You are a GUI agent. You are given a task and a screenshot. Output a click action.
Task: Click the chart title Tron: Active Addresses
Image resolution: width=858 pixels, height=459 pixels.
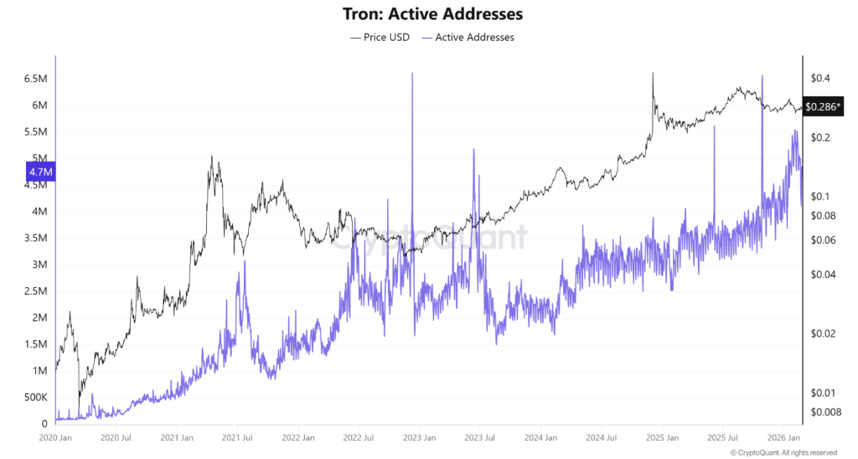tap(428, 14)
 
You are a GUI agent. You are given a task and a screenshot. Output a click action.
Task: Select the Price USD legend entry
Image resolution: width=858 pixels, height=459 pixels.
tap(380, 37)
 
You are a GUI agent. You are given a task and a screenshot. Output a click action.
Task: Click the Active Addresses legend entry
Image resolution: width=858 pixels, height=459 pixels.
tap(468, 37)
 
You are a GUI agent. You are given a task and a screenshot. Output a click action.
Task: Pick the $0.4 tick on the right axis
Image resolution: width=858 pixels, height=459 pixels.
tap(819, 79)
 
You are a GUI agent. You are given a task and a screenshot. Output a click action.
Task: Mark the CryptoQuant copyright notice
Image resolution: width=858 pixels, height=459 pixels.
tap(783, 453)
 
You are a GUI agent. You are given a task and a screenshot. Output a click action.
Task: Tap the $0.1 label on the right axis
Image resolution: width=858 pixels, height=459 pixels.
tap(819, 197)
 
